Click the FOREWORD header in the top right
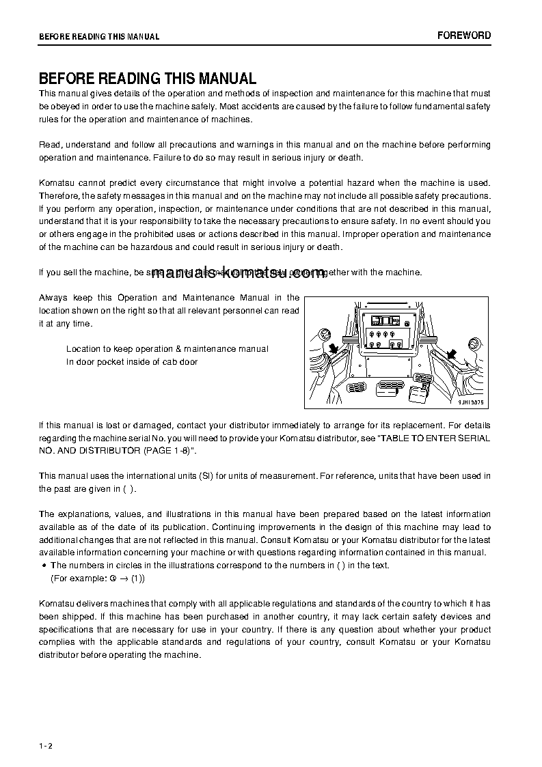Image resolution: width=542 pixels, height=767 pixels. point(464,36)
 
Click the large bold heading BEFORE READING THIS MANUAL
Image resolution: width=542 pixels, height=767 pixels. point(147,79)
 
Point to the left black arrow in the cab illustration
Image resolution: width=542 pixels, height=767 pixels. point(334,350)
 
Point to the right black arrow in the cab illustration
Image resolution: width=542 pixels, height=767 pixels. point(451,353)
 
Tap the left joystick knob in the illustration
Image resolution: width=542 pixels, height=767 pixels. point(325,335)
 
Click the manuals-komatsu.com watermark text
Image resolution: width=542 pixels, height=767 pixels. point(238,273)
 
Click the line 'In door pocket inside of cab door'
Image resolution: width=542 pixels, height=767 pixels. point(132,362)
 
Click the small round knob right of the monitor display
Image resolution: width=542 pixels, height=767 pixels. point(407,321)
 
